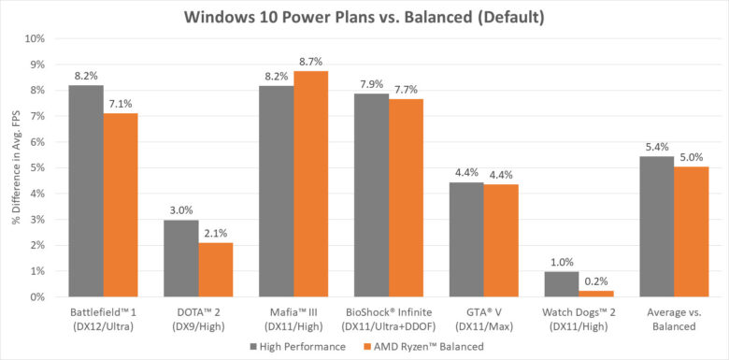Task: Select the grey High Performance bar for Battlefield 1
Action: (86, 191)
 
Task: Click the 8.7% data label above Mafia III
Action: (311, 59)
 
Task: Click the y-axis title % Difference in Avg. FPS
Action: (15, 167)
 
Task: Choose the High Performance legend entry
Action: (287, 346)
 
